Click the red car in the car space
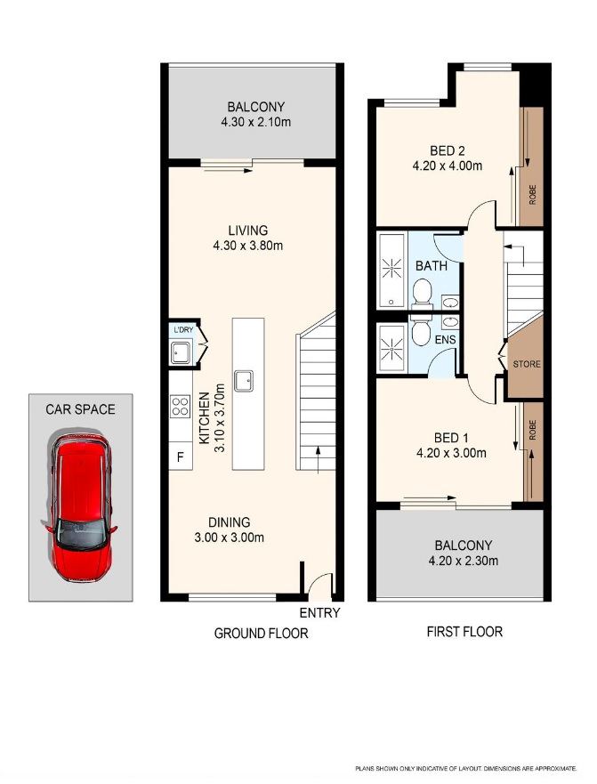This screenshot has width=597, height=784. pyautogui.click(x=80, y=507)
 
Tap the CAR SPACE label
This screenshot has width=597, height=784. pyautogui.click(x=80, y=409)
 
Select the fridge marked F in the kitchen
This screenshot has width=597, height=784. pyautogui.click(x=181, y=457)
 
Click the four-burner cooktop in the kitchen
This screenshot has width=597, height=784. pyautogui.click(x=180, y=406)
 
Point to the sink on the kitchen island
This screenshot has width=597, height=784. pyautogui.click(x=244, y=381)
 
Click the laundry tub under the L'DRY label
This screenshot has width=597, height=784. pyautogui.click(x=181, y=352)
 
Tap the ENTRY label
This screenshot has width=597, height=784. pyautogui.click(x=320, y=612)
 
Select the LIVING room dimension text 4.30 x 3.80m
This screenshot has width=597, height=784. pyautogui.click(x=248, y=246)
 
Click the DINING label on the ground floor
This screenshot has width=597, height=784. pyautogui.click(x=230, y=522)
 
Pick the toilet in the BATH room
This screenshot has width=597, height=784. pyautogui.click(x=422, y=294)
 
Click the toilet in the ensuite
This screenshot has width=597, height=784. pyautogui.click(x=421, y=330)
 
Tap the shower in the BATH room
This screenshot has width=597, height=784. pyautogui.click(x=392, y=270)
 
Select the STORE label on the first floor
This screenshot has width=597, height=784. pyautogui.click(x=527, y=364)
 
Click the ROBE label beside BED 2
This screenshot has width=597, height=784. pyautogui.click(x=533, y=195)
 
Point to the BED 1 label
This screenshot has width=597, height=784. pyautogui.click(x=451, y=438)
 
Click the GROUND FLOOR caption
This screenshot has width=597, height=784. pyautogui.click(x=261, y=634)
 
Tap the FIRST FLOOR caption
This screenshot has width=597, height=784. pyautogui.click(x=464, y=632)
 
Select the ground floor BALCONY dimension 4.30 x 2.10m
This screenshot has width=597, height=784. pyautogui.click(x=256, y=122)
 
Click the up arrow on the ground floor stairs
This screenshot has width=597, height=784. pyautogui.click(x=319, y=459)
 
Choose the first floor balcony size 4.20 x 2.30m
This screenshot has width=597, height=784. pyautogui.click(x=464, y=561)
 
